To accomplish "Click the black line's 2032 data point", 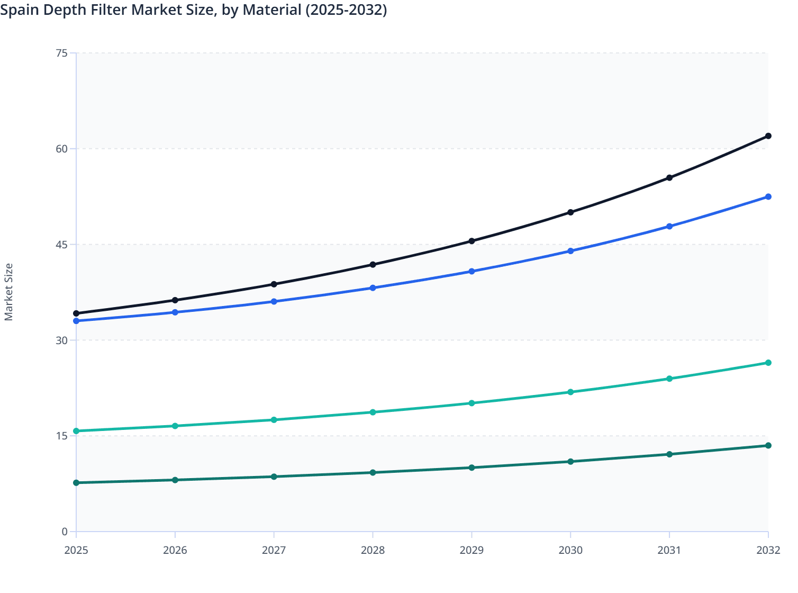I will (768, 136).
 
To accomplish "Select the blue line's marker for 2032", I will (768, 197).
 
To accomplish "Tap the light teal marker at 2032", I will (768, 363).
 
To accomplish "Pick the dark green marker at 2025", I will (76, 483).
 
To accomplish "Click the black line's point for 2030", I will (570, 212).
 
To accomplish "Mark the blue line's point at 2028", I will (373, 288).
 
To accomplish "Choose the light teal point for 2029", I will (471, 403).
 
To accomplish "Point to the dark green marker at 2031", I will (669, 454).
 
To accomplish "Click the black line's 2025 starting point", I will (76, 313).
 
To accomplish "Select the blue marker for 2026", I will (175, 312).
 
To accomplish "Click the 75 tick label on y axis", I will (61, 53).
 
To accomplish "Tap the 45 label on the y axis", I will (61, 245).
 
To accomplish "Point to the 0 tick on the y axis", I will (65, 532).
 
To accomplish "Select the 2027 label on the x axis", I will (274, 550).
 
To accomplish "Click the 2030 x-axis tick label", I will (570, 550).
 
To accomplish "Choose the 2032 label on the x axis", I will (768, 550).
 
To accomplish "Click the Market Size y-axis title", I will (8, 292).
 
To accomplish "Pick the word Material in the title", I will (272, 10).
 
